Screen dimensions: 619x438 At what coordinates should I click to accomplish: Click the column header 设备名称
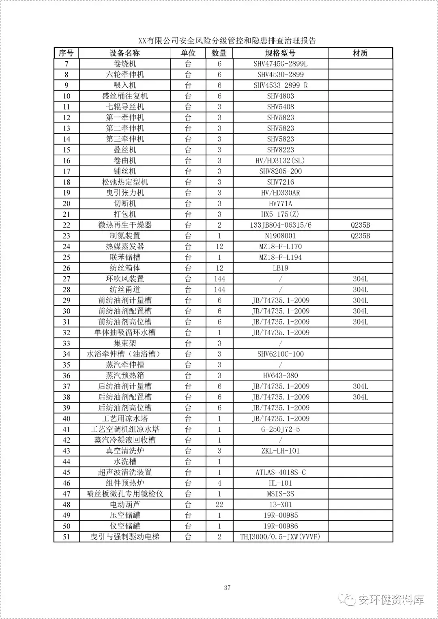pos(125,53)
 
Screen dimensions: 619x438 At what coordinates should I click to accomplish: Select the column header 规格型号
pos(280,53)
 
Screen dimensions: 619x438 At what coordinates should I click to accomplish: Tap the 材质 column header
pos(360,53)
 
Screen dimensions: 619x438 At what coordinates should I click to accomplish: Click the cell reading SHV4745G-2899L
pos(280,64)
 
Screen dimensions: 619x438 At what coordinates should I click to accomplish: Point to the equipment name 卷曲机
pos(125,161)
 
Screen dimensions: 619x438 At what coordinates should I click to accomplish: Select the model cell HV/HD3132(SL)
pos(280,161)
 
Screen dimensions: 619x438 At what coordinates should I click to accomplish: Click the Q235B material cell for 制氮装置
pos(360,236)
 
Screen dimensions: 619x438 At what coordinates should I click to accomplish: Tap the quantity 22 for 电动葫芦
pos(219,505)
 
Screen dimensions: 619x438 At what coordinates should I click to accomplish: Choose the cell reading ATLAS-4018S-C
pos(280,472)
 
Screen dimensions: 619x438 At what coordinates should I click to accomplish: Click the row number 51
pos(67,537)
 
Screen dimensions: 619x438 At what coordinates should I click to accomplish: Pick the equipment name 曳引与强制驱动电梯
pos(125,537)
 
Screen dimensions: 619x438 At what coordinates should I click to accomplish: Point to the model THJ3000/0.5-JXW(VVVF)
pos(280,537)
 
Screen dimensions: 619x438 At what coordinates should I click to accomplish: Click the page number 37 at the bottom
pos(227,587)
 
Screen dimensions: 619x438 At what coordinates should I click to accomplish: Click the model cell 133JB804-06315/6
pos(280,225)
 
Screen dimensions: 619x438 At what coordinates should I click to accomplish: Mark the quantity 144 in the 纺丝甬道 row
pos(219,290)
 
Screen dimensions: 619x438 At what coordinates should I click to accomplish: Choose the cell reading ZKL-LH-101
pos(280,451)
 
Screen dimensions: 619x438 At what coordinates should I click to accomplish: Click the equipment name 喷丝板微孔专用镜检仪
pos(125,494)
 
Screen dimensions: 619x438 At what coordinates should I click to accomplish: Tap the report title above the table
pos(227,41)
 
